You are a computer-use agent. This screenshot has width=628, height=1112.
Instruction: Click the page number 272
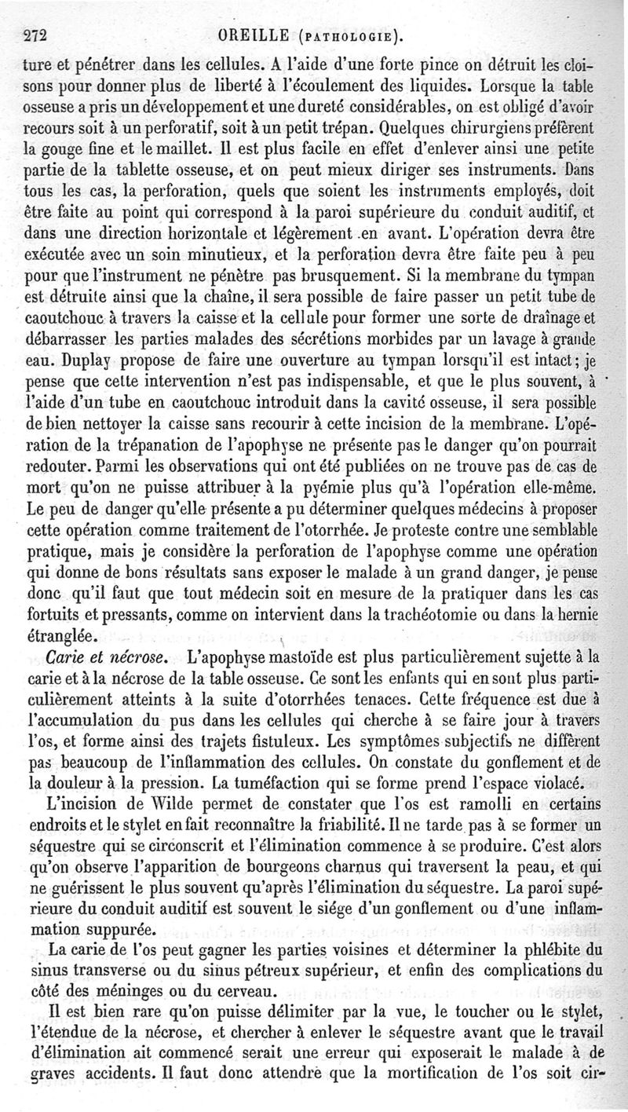[x=37, y=35]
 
